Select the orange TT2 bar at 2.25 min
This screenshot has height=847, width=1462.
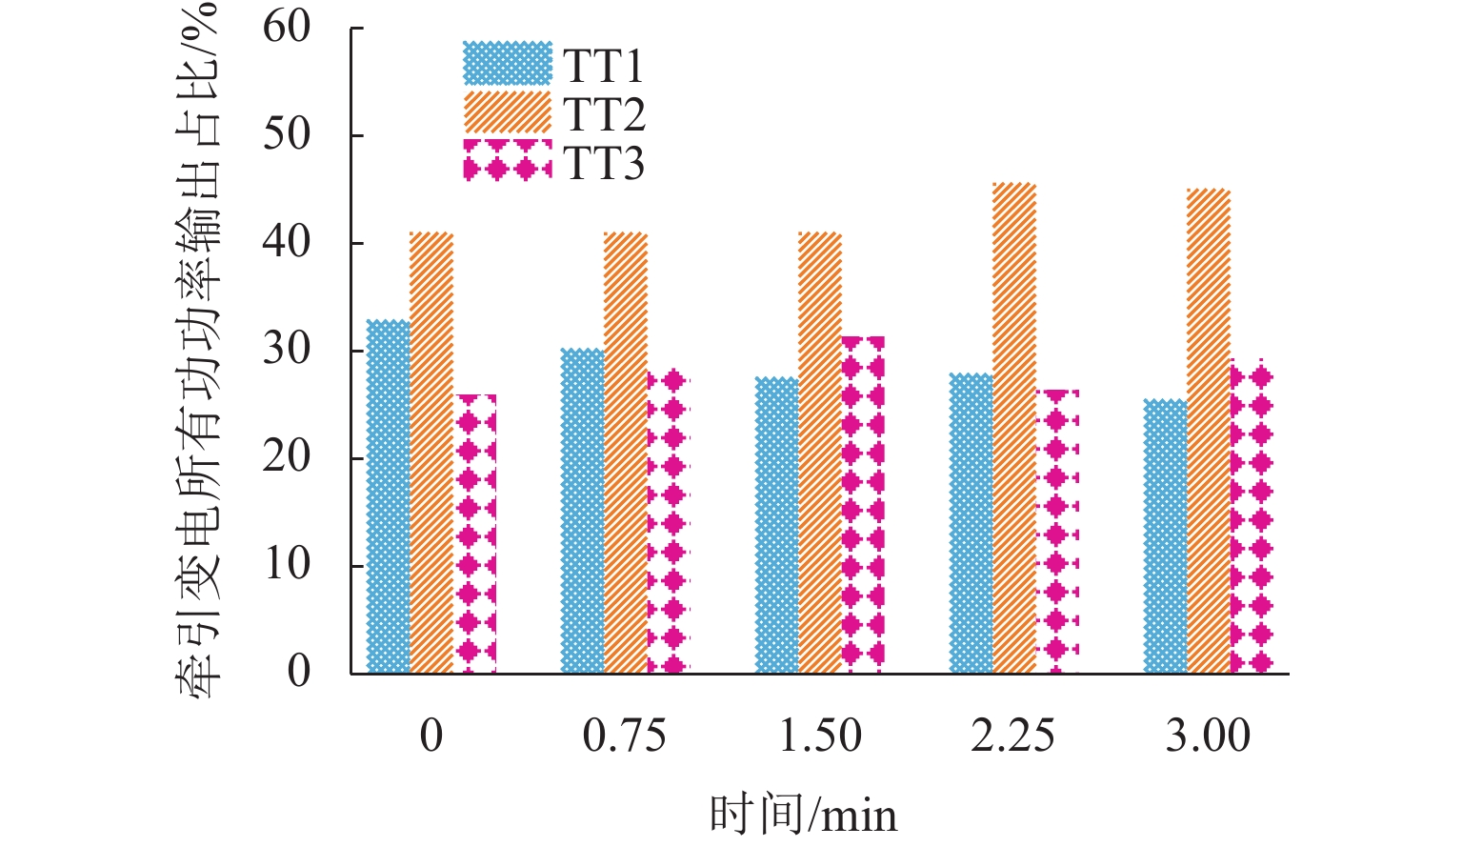click(1014, 429)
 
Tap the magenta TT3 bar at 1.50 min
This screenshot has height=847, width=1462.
click(863, 505)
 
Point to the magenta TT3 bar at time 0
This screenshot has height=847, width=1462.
click(475, 534)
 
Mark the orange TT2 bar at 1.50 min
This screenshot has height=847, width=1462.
click(820, 453)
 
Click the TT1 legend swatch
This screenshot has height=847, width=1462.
click(508, 64)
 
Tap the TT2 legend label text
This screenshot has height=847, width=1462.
click(604, 114)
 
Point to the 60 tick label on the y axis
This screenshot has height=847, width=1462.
click(287, 28)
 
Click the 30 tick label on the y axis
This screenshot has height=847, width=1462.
click(287, 350)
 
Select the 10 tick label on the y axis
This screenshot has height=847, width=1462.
click(287, 565)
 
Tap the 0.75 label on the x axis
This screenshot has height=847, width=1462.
click(625, 736)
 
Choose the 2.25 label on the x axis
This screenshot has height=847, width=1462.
click(1013, 736)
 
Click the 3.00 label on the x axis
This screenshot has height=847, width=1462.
click(1208, 736)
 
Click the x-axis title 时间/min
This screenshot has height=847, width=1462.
click(803, 815)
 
